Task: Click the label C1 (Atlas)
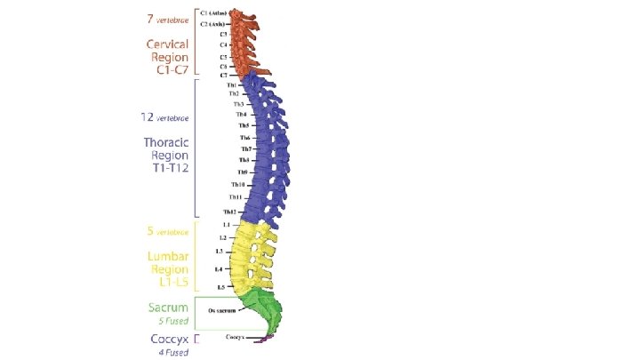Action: tap(214, 13)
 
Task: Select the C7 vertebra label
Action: tap(223, 76)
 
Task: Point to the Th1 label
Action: tap(232, 85)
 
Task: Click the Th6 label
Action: tap(244, 138)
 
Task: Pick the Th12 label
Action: tap(229, 212)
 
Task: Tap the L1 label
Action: tap(226, 225)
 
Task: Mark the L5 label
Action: tap(220, 287)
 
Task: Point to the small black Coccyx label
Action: tap(236, 337)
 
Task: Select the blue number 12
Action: tap(148, 116)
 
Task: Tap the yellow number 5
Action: tap(149, 231)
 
